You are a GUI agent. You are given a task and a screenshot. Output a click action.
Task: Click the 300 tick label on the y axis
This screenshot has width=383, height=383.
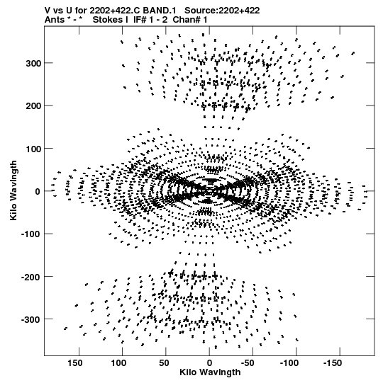[33, 63]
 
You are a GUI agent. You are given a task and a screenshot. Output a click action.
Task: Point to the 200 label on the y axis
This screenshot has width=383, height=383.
[33, 106]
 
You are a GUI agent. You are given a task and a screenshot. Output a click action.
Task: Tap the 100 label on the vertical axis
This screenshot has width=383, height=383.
[33, 149]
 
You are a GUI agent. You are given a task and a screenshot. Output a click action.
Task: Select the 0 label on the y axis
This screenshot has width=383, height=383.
[38, 191]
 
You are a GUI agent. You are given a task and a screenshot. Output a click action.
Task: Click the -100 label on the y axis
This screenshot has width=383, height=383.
[30, 234]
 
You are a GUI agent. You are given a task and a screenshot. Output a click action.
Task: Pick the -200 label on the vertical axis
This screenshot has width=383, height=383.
[30, 277]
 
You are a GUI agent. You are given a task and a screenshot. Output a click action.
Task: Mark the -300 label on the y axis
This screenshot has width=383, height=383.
[30, 320]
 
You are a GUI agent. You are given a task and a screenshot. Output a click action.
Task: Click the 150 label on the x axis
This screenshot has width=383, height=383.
[75, 363]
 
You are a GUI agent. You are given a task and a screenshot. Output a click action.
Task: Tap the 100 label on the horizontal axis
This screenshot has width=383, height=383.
[118, 363]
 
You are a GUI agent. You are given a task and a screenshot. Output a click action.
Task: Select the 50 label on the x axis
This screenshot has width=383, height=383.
[164, 363]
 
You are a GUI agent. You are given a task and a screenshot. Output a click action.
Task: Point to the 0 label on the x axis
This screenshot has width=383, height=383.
[209, 363]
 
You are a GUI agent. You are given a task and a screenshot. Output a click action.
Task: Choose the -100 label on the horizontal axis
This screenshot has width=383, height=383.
[289, 363]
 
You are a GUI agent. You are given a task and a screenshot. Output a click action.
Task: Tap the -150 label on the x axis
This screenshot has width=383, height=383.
[333, 363]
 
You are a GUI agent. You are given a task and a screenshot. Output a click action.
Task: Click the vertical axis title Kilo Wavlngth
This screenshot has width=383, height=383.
[13, 190]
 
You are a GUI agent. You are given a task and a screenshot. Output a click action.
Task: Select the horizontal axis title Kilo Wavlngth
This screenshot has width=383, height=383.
[210, 372]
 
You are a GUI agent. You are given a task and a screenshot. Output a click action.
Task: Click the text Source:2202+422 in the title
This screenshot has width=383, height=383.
[222, 11]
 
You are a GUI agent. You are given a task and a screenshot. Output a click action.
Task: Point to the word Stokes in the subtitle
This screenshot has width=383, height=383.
[111, 20]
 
